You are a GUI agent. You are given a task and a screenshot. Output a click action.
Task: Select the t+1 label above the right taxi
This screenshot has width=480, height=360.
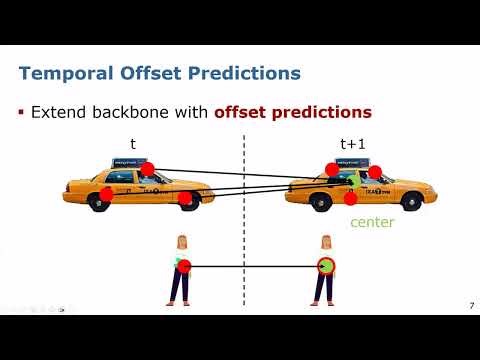pyautogui.click(x=353, y=144)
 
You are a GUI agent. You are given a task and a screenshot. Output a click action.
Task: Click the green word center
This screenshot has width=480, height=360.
pyautogui.click(x=371, y=222)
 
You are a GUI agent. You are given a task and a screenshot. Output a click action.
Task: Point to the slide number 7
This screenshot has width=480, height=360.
pyautogui.click(x=471, y=304)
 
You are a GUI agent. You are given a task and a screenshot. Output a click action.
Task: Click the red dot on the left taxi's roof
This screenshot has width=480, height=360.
pyautogui.click(x=147, y=168)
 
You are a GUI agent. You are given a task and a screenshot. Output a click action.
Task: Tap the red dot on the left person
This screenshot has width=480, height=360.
pyautogui.click(x=184, y=266)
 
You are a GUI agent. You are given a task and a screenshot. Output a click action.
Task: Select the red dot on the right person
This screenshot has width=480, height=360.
pyautogui.click(x=325, y=266)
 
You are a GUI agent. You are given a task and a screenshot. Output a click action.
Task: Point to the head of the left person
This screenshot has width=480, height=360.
pyautogui.click(x=183, y=242)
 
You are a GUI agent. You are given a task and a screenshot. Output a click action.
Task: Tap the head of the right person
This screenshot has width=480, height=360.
pyautogui.click(x=325, y=242)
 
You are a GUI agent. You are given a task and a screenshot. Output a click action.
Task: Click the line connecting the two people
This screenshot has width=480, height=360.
pyautogui.click(x=255, y=266)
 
